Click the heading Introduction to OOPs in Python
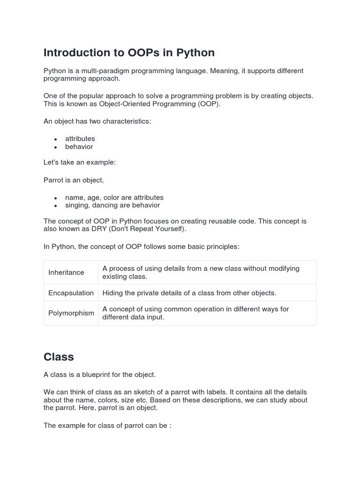pos(129,52)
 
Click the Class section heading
pos(59,357)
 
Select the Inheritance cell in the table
pos(66,272)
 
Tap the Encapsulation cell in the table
pos(71,293)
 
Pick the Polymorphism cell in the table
pos(71,313)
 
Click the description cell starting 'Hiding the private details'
pos(189,293)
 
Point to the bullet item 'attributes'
pos(80,139)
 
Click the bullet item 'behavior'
pos(79,147)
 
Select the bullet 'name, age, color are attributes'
pos(114,197)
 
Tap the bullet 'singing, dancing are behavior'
pos(112,205)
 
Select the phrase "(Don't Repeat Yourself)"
pos(146,229)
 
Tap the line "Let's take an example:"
pos(79,162)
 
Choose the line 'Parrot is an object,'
pos(74,180)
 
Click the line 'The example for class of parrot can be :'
pos(107,426)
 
